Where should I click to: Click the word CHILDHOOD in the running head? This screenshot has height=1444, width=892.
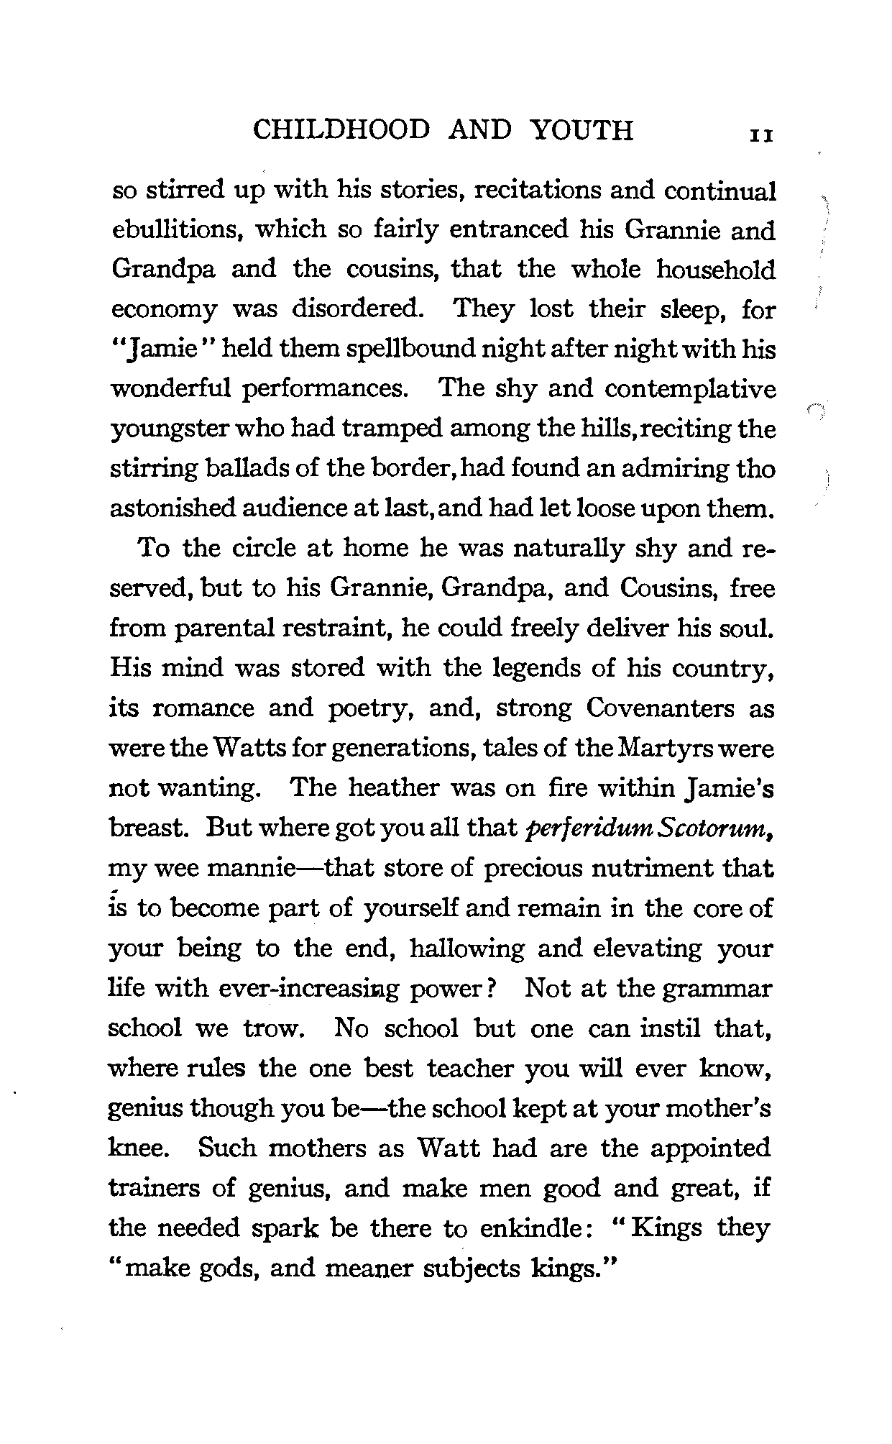coord(342,130)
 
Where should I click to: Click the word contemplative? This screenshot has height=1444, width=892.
coord(690,390)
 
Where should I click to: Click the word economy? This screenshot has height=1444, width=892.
coord(164,311)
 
